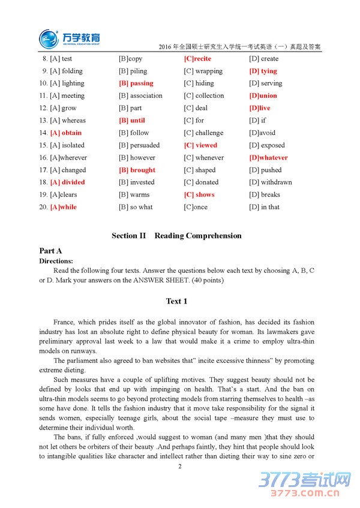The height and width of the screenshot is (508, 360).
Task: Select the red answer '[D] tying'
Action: click(263, 71)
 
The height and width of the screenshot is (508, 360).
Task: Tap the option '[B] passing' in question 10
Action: click(136, 83)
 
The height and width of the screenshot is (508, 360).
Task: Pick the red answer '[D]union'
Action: click(263, 96)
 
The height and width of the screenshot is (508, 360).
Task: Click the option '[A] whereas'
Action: click(68, 121)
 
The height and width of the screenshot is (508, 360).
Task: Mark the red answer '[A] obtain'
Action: click(66, 133)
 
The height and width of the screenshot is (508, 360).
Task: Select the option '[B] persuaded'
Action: click(139, 145)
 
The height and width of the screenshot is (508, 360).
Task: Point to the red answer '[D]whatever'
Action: click(268, 158)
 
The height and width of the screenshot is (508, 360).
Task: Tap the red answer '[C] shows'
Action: click(199, 195)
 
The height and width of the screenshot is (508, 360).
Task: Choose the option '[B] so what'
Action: click(136, 208)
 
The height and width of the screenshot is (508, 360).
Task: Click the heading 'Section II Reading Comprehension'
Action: click(176, 236)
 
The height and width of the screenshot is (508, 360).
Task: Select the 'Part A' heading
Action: click(50, 251)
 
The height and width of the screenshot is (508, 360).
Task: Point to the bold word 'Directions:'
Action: click(56, 261)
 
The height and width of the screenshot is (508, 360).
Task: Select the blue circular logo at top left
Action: click(49, 40)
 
